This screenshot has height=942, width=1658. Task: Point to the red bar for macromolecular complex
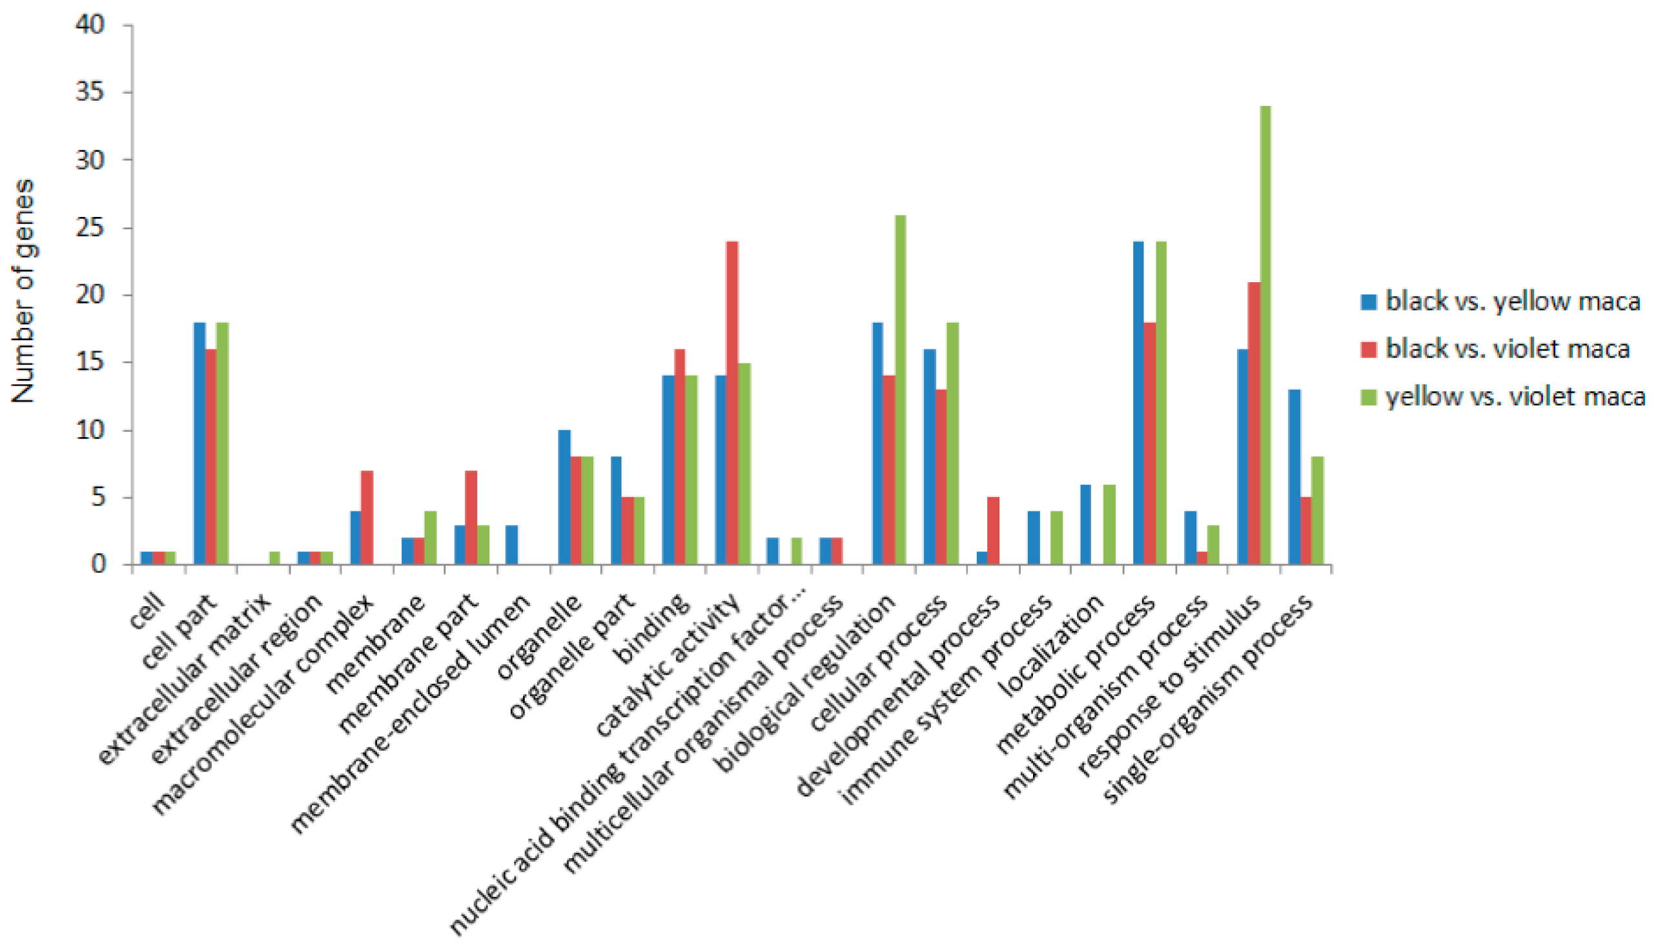(x=367, y=518)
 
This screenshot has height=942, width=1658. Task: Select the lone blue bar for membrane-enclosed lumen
(x=512, y=545)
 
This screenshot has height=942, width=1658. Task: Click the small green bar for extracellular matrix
(x=274, y=558)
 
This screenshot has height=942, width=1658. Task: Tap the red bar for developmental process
(x=993, y=531)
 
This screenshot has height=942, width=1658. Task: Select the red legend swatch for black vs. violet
(x=1369, y=349)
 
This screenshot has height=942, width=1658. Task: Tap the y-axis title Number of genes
(x=24, y=291)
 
